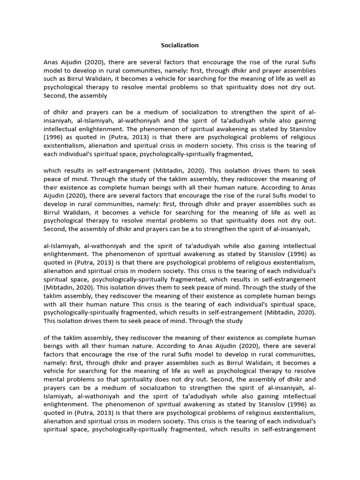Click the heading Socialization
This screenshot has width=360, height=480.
[180, 45]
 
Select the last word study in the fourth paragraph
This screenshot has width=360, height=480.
[234, 322]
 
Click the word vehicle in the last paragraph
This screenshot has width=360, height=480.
[56, 372]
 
